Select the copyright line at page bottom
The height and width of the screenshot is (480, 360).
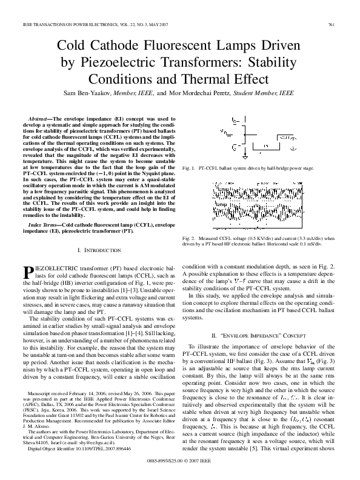coord(180,468)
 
